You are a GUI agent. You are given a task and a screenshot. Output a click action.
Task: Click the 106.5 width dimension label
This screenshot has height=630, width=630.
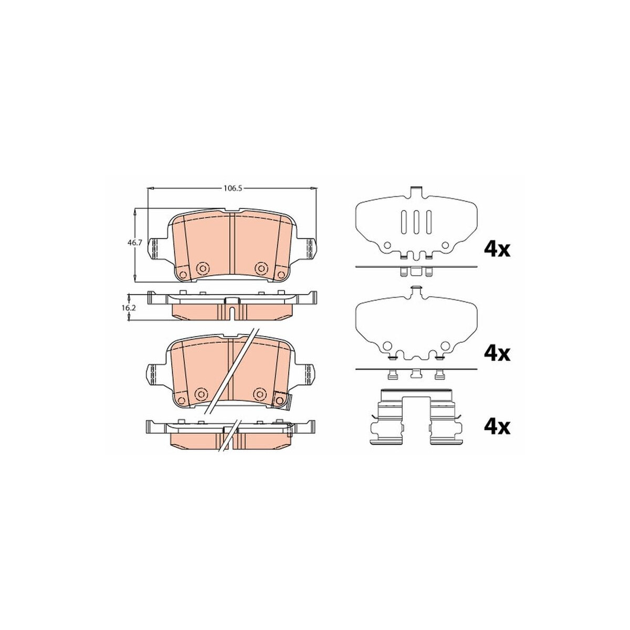(232, 188)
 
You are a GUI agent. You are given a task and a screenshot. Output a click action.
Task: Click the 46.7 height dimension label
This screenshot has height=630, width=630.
(133, 243)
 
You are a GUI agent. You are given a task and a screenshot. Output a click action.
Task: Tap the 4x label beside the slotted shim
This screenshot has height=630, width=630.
(497, 250)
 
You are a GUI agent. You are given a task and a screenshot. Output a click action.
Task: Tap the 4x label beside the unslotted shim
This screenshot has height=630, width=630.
(497, 353)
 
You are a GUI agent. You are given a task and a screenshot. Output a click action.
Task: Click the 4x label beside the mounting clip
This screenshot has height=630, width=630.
(497, 428)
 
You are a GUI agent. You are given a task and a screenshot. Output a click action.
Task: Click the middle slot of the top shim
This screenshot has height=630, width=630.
(416, 222)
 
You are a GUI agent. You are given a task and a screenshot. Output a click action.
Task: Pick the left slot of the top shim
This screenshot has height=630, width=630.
(404, 222)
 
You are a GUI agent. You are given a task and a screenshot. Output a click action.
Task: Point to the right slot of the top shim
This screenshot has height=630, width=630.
(429, 222)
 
